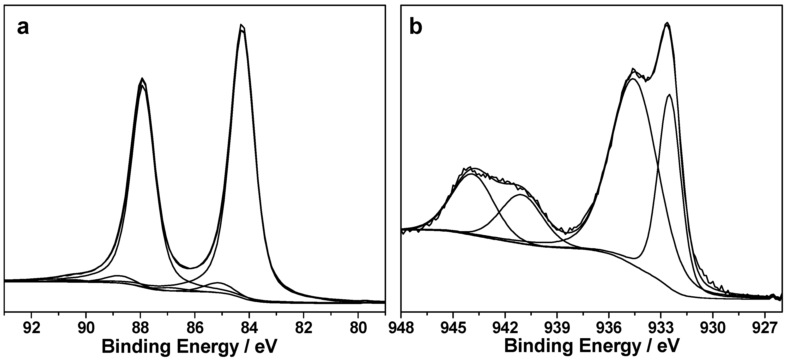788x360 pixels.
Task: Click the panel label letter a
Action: [23, 28]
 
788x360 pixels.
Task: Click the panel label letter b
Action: [416, 28]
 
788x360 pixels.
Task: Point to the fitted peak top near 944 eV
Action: [471, 174]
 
